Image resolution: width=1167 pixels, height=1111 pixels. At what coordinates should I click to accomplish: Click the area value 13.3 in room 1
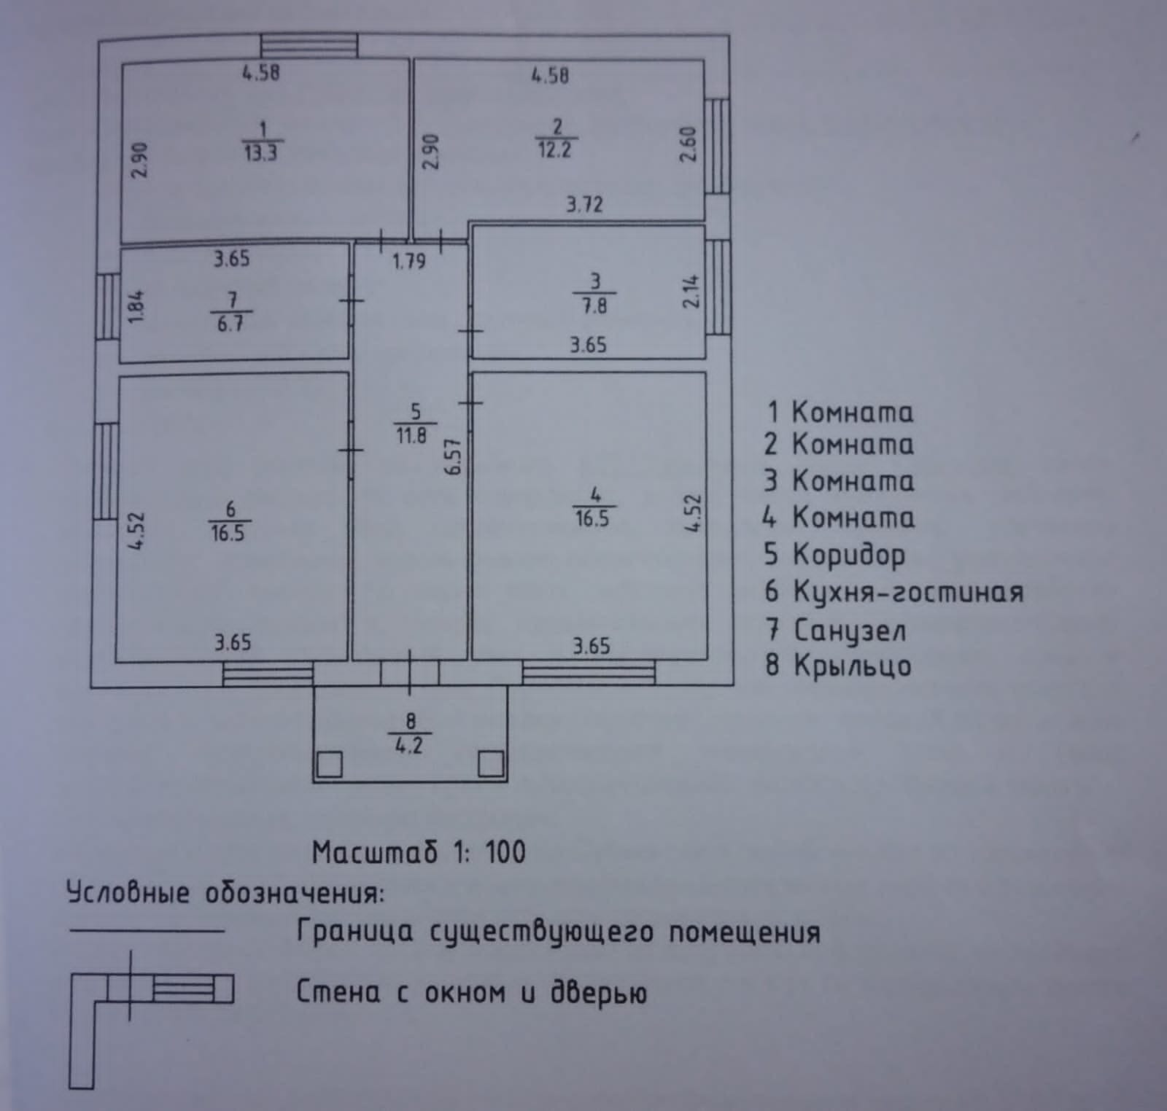tap(260, 153)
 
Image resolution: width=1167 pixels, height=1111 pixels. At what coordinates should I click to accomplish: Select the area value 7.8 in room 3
tap(594, 305)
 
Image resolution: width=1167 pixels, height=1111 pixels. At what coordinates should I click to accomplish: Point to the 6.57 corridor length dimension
tap(454, 456)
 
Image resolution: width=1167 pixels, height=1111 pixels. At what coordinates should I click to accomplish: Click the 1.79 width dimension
tap(409, 261)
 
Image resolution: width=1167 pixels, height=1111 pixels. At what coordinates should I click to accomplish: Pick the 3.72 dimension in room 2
tap(585, 204)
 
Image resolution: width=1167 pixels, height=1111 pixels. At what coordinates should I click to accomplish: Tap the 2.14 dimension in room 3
tap(691, 291)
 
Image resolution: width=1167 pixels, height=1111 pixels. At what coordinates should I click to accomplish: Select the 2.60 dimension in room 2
tap(689, 145)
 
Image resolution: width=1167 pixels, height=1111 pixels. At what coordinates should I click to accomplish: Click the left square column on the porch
tap(330, 765)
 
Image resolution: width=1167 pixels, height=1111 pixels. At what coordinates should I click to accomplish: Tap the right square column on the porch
tap(490, 765)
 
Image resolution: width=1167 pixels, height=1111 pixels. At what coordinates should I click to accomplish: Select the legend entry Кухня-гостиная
tap(907, 592)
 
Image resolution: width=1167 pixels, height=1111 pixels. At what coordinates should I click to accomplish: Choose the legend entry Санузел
tap(849, 630)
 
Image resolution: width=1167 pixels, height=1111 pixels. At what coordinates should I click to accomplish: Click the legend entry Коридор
tap(848, 555)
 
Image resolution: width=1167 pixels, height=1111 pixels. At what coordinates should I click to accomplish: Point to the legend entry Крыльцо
tap(852, 666)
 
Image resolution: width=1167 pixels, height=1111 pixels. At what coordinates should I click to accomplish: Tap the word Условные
tap(128, 894)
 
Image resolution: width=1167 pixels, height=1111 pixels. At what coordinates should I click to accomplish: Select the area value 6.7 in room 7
tap(230, 324)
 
